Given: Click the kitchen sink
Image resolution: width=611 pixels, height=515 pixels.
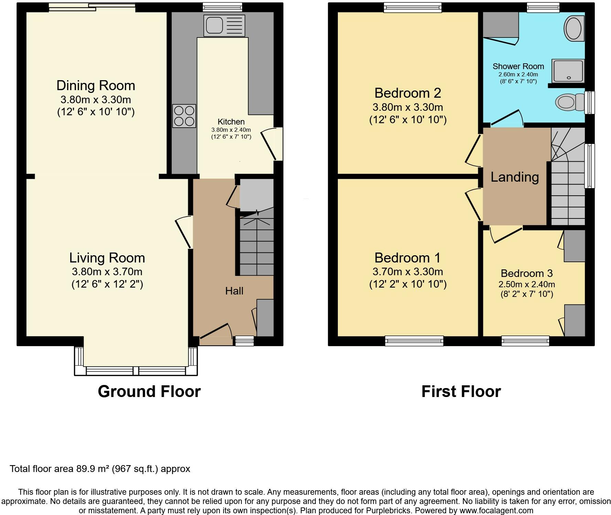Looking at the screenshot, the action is pyautogui.click(x=224, y=25).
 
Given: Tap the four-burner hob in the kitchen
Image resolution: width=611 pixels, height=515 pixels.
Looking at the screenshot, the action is pyautogui.click(x=184, y=116).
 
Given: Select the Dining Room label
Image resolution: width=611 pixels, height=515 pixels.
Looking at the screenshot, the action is pyautogui.click(x=96, y=85).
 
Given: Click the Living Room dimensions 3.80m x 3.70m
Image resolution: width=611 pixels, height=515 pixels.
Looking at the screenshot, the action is pyautogui.click(x=107, y=272).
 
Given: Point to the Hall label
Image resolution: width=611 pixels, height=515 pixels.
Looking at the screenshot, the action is pyautogui.click(x=234, y=291).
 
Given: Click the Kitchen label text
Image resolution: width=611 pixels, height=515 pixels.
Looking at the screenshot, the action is pyautogui.click(x=231, y=122).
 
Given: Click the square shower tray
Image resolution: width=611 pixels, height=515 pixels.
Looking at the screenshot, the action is pyautogui.click(x=568, y=71).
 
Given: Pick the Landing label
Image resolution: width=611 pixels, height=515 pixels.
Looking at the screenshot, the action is pyautogui.click(x=515, y=177).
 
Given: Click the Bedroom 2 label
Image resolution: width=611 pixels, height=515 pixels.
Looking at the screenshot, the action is pyautogui.click(x=408, y=93).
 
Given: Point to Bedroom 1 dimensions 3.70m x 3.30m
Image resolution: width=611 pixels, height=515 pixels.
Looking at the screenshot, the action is pyautogui.click(x=408, y=272).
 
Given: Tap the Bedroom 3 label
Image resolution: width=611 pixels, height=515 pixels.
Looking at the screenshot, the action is pyautogui.click(x=527, y=273).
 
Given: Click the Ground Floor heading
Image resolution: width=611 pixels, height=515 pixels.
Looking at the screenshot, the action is pyautogui.click(x=149, y=391).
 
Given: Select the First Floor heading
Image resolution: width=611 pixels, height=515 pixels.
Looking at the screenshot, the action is pyautogui.click(x=461, y=391).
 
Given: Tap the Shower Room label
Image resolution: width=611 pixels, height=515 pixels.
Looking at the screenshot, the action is pyautogui.click(x=518, y=66).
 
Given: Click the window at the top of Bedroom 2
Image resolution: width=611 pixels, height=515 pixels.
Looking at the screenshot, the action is pyautogui.click(x=413, y=8).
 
